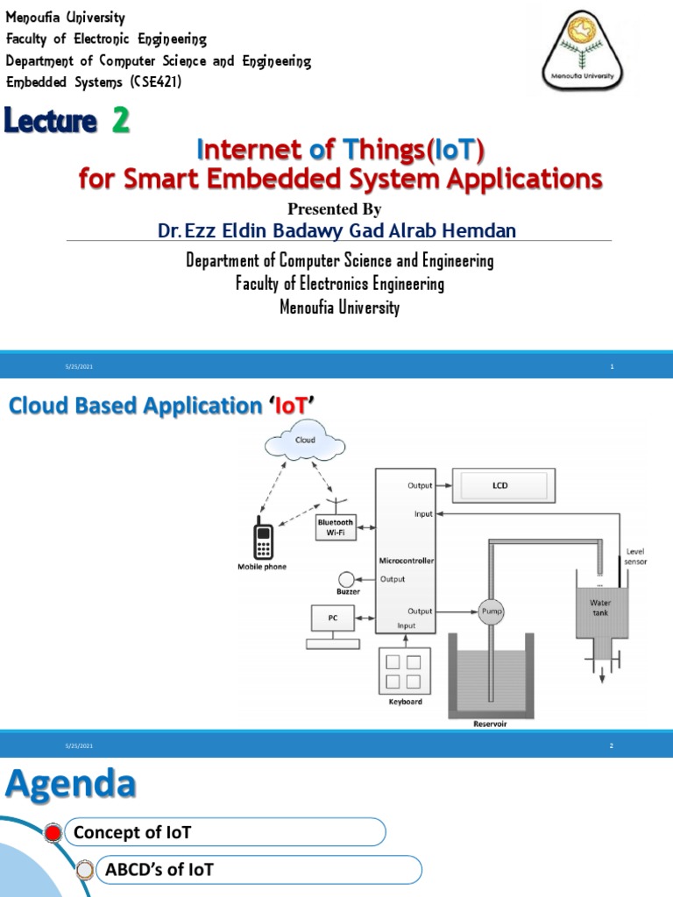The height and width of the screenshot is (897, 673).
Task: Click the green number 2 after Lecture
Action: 120,123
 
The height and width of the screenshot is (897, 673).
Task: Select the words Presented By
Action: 335,208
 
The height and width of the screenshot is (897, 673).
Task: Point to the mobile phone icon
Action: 262,538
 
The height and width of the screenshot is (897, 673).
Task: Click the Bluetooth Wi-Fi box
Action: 336,527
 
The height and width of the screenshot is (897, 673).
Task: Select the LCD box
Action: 500,484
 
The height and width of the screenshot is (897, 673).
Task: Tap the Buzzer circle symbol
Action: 347,578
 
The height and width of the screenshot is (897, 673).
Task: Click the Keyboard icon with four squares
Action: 403,670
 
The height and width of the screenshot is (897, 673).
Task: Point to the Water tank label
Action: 600,607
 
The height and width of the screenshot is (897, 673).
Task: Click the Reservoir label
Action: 489,724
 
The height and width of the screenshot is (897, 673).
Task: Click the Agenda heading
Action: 71,785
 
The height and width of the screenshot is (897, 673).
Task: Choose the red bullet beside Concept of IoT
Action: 53,833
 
